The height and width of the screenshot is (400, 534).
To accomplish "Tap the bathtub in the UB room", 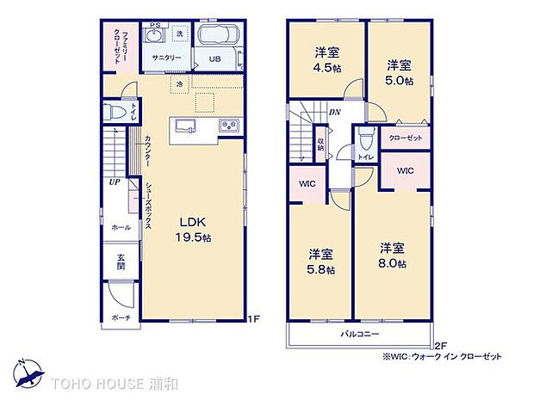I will (217, 39).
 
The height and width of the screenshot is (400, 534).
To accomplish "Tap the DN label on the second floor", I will (334, 112).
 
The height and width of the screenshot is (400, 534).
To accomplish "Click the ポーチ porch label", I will (120, 317).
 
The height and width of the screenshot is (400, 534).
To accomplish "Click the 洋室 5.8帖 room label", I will (322, 261).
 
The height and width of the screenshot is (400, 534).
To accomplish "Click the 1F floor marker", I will (253, 320).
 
